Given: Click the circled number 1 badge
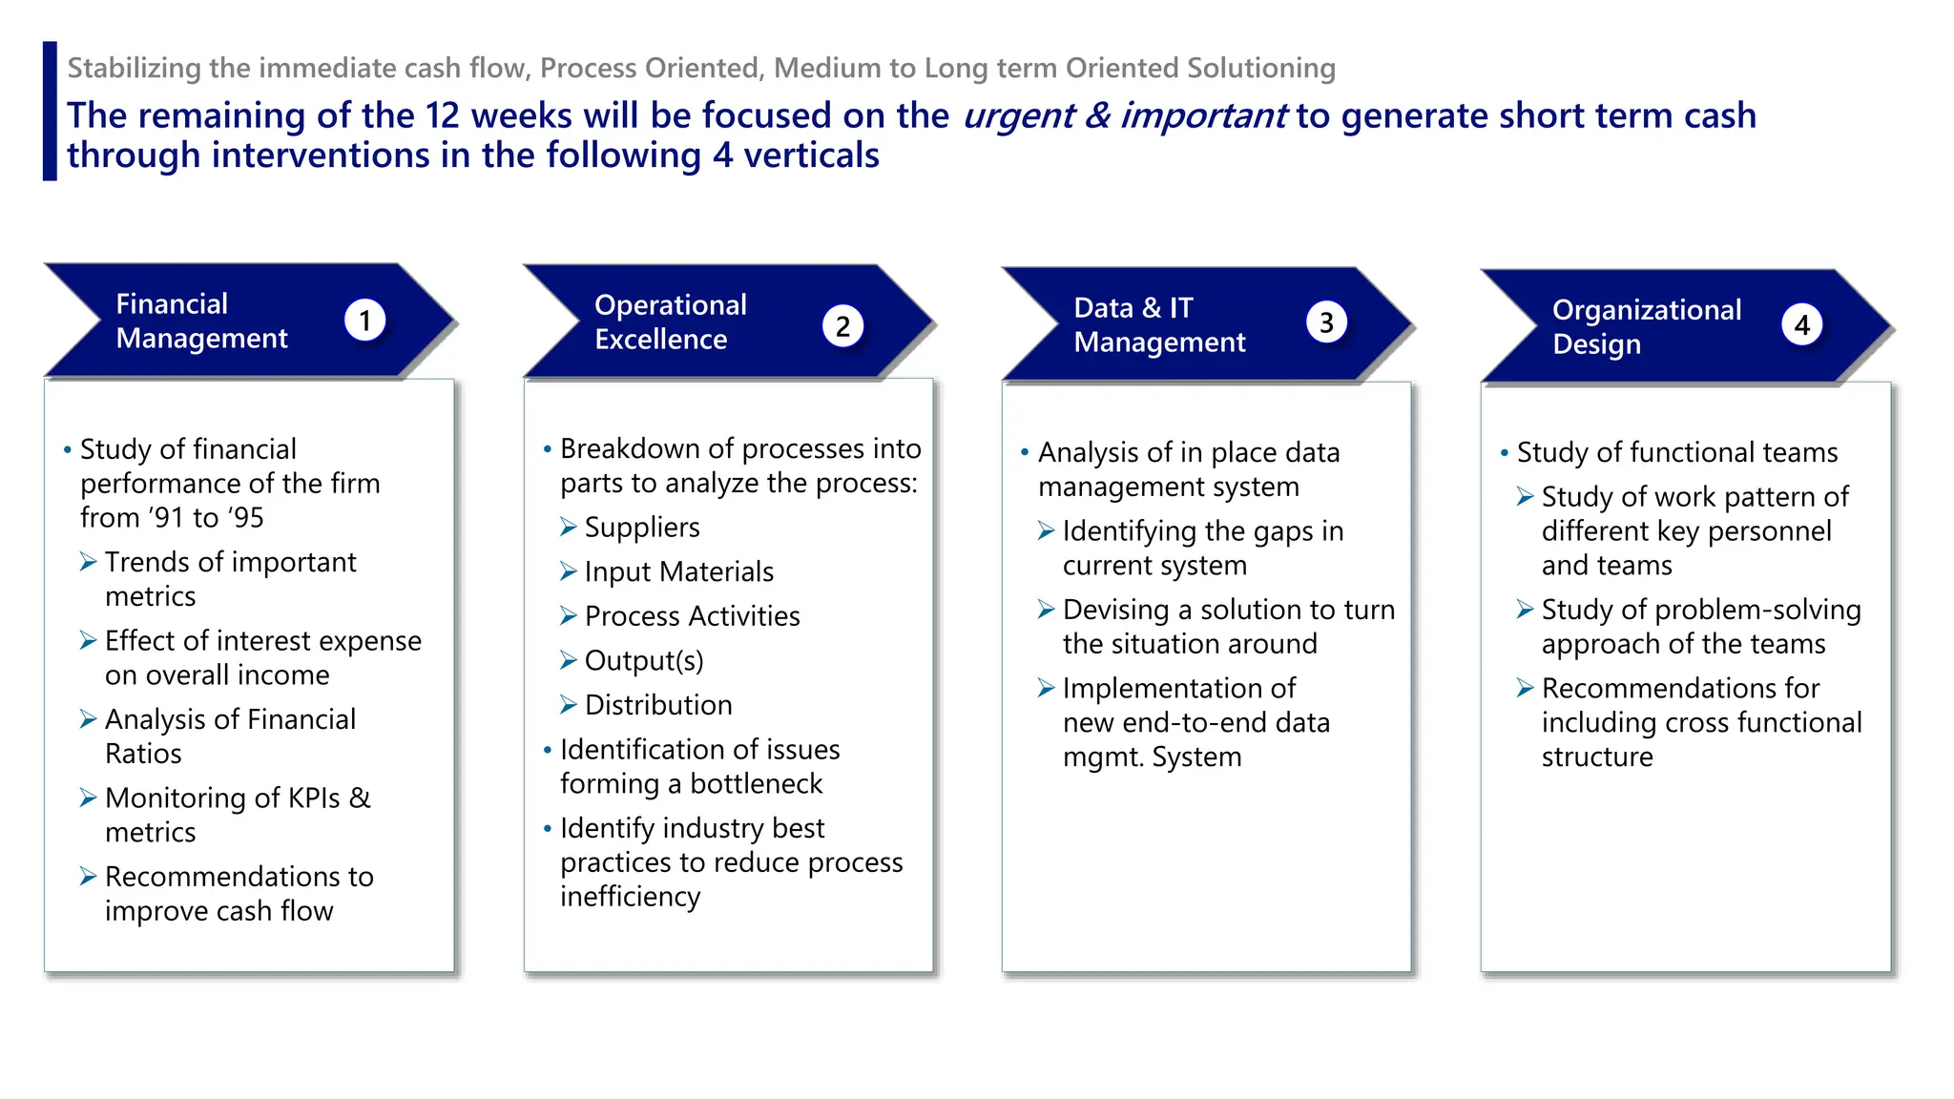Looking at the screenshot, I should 364,321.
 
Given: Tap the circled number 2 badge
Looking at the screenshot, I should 842,326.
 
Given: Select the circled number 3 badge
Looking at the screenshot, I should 1326,323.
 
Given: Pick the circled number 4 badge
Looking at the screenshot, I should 1801,325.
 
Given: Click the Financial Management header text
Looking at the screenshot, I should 201,321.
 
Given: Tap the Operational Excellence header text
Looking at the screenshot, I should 670,321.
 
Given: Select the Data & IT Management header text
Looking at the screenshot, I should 1158,324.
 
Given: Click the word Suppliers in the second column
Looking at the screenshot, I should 641,528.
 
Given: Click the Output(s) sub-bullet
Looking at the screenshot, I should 643,660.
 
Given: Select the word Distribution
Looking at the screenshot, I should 658,705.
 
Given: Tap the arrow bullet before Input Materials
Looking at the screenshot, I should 569,571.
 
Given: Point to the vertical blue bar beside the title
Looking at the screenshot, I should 50,111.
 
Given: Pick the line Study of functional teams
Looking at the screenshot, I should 1676,452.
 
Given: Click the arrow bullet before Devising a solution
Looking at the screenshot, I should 1047,610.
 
